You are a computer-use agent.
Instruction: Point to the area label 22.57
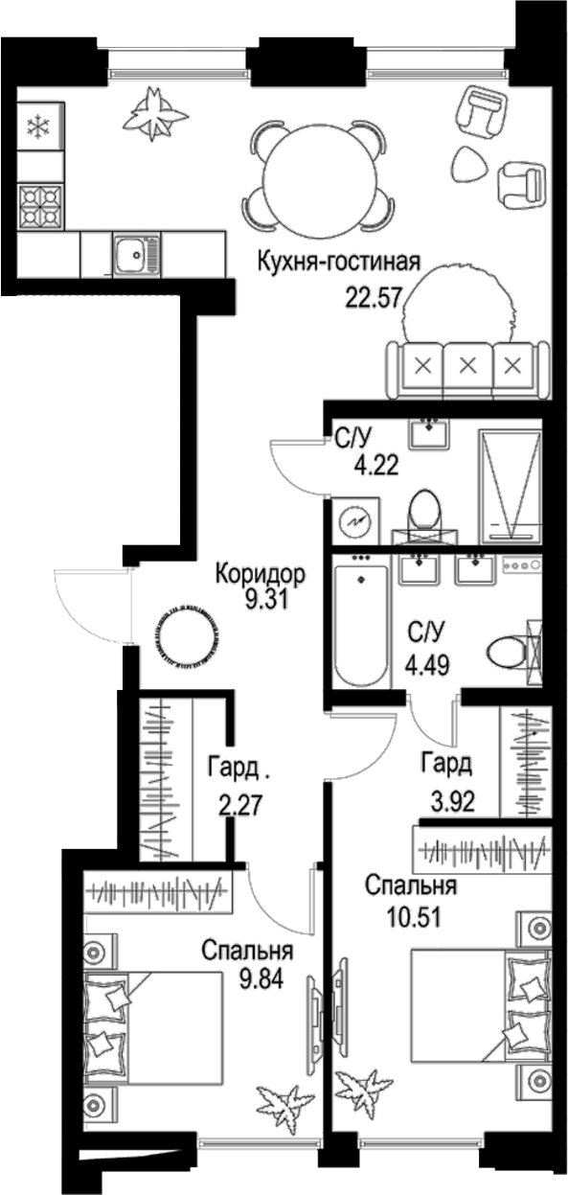pos(375,291)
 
